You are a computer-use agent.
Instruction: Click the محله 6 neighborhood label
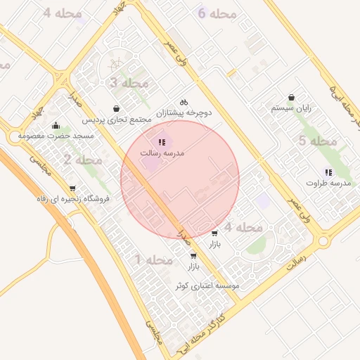tap(216, 14)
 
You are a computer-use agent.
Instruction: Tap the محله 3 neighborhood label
tap(129, 84)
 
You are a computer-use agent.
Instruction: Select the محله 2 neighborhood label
tap(83, 160)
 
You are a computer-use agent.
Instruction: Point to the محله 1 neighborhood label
tap(154, 260)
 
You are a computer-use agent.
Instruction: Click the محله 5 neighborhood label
tap(318, 141)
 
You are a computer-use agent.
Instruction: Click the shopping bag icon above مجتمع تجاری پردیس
tap(116, 109)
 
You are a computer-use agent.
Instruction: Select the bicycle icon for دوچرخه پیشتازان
tap(184, 102)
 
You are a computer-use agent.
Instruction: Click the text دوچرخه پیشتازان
tap(184, 112)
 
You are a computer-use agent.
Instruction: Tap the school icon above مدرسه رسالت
tap(162, 142)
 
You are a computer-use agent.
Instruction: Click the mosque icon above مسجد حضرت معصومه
tap(56, 125)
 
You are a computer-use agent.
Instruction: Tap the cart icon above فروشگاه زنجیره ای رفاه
tap(72, 188)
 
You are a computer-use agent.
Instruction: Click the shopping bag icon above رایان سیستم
tap(291, 98)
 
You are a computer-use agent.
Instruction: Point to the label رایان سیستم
tap(291, 109)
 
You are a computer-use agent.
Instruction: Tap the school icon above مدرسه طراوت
tap(328, 172)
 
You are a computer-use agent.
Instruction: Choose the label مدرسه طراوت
tap(328, 183)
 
